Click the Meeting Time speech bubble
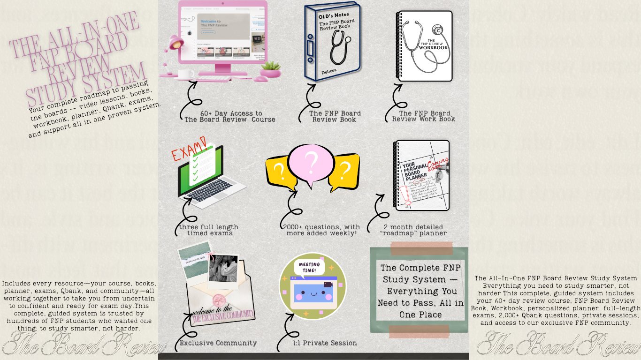(x=309, y=267)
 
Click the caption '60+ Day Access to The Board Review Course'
(x=230, y=116)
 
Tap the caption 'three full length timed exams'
(x=209, y=230)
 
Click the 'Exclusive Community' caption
(x=218, y=343)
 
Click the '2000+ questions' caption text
(x=321, y=230)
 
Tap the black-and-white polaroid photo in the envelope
(x=223, y=270)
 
